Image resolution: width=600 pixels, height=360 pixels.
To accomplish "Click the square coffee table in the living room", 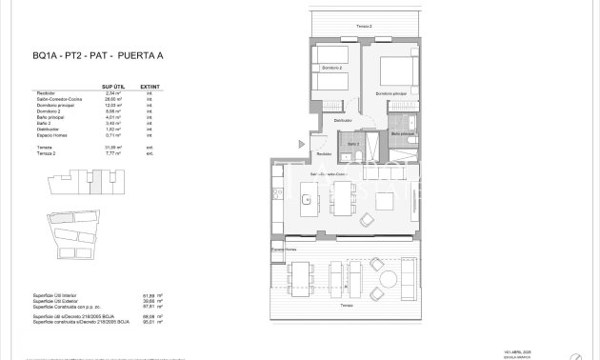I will click(387, 201).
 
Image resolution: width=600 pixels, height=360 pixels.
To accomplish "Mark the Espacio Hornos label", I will click(283, 250).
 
